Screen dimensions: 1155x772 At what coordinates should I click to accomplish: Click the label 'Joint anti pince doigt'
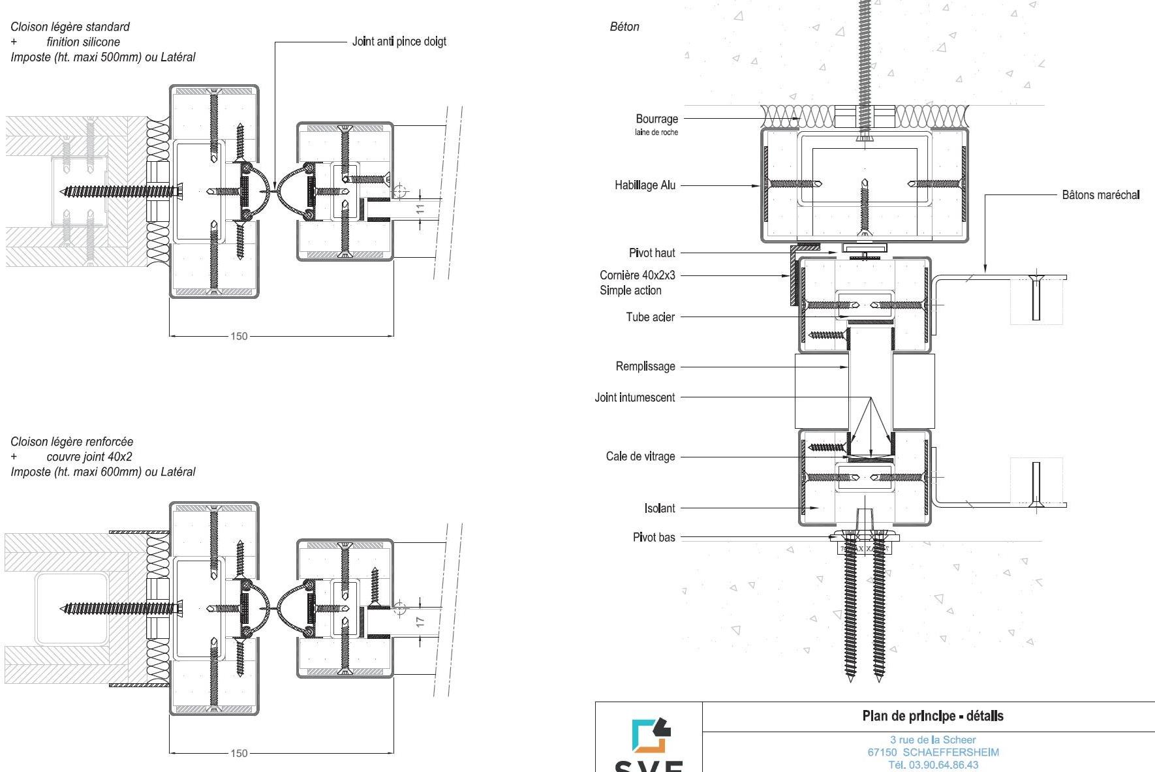(x=399, y=42)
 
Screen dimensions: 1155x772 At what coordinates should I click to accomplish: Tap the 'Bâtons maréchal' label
(x=1101, y=194)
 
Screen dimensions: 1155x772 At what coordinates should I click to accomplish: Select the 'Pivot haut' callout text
(x=652, y=253)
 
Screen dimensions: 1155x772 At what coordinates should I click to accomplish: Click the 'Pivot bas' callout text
(x=654, y=537)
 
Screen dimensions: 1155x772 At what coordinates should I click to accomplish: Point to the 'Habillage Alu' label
(x=645, y=185)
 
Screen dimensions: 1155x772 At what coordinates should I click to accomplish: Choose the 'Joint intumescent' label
(x=634, y=397)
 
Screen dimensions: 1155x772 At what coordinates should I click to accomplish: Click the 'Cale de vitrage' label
(x=640, y=456)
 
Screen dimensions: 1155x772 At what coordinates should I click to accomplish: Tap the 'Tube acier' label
(x=650, y=317)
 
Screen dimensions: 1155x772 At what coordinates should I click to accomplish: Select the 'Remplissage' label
(x=645, y=367)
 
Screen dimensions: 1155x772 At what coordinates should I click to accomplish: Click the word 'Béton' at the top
(x=624, y=27)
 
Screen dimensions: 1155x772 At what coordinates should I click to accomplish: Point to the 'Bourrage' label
(x=656, y=119)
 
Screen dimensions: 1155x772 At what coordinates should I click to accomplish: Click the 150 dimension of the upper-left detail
(x=239, y=336)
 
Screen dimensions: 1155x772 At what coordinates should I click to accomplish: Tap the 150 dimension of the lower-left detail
(x=239, y=753)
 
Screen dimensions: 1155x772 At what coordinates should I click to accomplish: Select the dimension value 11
(x=420, y=209)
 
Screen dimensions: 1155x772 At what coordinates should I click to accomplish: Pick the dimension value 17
(x=420, y=622)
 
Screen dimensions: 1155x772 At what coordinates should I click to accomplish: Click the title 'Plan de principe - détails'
(x=932, y=716)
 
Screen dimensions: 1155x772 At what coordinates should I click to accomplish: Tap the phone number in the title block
(x=933, y=764)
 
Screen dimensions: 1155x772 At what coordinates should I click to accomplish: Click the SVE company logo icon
(x=651, y=735)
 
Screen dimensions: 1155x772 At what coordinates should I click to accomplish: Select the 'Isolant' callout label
(x=660, y=508)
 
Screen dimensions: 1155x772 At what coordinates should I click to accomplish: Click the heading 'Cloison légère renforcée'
(x=72, y=442)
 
